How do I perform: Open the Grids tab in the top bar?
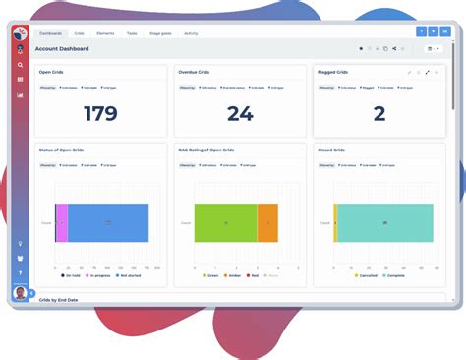pyautogui.click(x=78, y=33)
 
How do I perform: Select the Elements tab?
pyautogui.click(x=104, y=33)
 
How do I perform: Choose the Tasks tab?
pyautogui.click(x=131, y=33)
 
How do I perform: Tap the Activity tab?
pyautogui.click(x=191, y=33)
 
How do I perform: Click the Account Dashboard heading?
pyautogui.click(x=62, y=48)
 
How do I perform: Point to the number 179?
pyautogui.click(x=100, y=113)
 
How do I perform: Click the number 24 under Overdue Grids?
pyautogui.click(x=240, y=113)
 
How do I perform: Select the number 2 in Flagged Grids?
pyautogui.click(x=379, y=113)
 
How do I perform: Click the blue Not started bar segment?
pyautogui.click(x=108, y=223)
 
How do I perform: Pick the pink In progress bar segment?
pyautogui.click(x=62, y=223)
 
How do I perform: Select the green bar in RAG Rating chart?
pyautogui.click(x=225, y=223)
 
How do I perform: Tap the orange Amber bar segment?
pyautogui.click(x=267, y=223)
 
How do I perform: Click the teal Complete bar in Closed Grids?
pyautogui.click(x=385, y=223)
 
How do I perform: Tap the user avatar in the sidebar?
pyautogui.click(x=20, y=292)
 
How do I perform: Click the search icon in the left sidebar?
pyautogui.click(x=20, y=65)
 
